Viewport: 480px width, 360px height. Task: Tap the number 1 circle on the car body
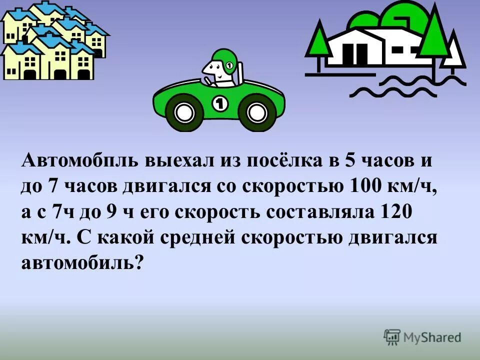point(220,104)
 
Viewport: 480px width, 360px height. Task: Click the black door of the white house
point(359,52)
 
